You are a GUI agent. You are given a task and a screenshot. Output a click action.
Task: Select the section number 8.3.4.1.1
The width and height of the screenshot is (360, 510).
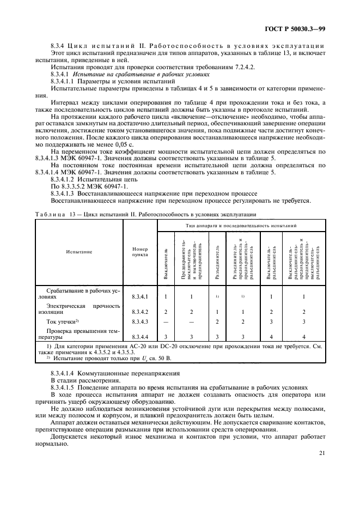62,81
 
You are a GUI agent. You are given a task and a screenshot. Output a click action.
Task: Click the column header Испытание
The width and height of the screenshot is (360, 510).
80,252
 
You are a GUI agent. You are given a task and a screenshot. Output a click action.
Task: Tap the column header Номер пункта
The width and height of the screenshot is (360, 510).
139,252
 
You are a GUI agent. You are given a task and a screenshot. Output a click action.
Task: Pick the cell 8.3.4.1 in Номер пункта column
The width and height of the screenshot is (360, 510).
139,297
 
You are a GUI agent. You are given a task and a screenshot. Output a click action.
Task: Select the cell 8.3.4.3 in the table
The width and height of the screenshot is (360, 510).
139,322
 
